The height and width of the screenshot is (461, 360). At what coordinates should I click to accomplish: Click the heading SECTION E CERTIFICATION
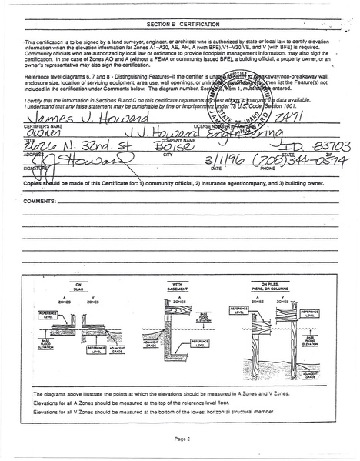click(x=180, y=24)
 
